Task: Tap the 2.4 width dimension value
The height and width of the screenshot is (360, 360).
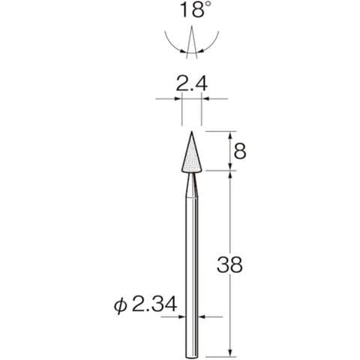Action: (191, 84)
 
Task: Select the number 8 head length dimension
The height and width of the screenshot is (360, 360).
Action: (240, 151)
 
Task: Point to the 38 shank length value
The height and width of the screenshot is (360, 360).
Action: (229, 265)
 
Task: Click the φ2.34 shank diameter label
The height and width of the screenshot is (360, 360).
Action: (145, 304)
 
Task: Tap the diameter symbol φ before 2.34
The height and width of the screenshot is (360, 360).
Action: (120, 305)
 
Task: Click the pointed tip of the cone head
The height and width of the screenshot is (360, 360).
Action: (192, 132)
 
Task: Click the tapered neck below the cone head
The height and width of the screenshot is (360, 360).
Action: (192, 185)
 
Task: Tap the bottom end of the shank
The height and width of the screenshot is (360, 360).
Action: (192, 356)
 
